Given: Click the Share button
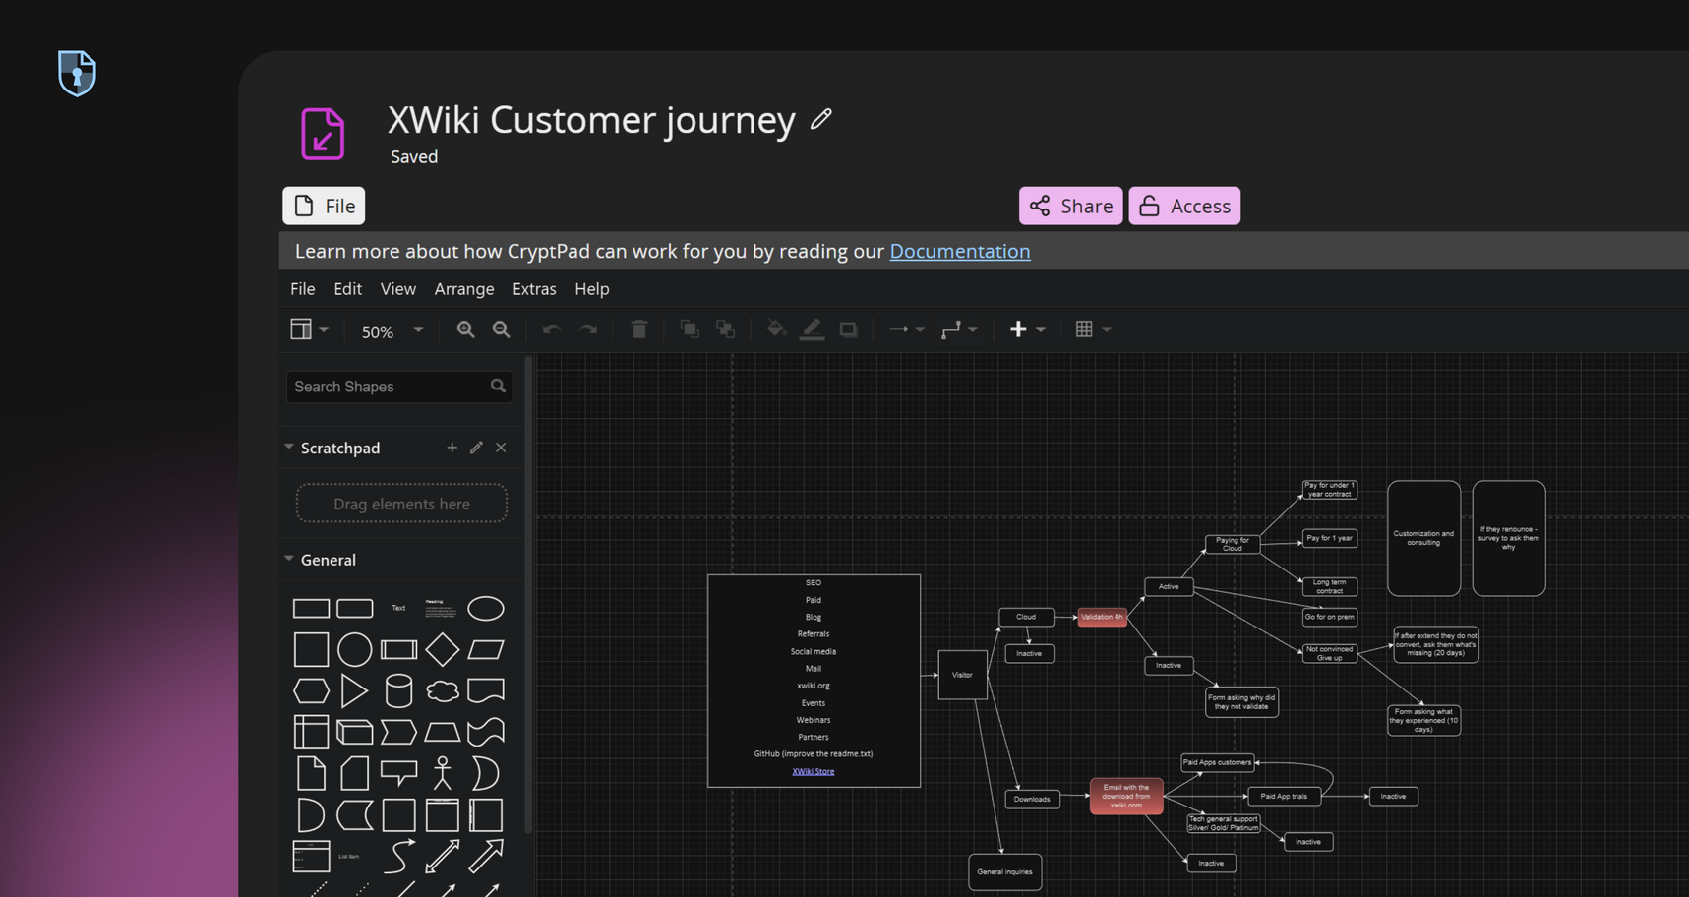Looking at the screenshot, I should point(1070,206).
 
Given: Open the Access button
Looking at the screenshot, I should point(1184,206).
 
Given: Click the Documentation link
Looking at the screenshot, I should point(959,251).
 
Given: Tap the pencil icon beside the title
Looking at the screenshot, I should point(821,119).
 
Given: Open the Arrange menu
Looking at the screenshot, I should point(464,289).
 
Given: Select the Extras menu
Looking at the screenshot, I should point(534,289).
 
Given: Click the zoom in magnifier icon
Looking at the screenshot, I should point(465,329).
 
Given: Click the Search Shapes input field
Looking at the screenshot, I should point(389,387).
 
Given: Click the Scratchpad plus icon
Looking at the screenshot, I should point(452,448).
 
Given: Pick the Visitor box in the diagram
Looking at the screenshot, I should point(962,675).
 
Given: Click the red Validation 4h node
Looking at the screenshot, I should point(1102,617).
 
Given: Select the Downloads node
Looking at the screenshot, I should point(1032,799).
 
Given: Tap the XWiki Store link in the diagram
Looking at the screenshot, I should point(814,771).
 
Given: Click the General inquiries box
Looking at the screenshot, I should point(1004,871).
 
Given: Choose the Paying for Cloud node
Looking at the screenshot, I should point(1232,544).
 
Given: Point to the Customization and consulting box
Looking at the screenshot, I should point(1423,538).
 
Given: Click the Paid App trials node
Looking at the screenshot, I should point(1284,796).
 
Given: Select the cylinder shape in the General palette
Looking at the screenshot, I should point(398,690).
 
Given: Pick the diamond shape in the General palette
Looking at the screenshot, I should point(442,649).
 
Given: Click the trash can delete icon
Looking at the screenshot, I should point(639,329).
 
